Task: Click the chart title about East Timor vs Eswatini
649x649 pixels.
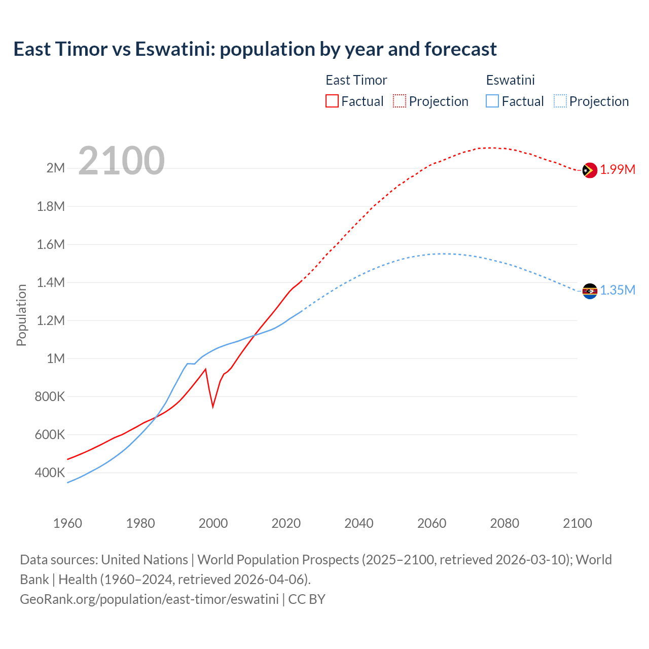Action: pos(255,49)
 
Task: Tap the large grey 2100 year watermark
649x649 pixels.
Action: pos(121,161)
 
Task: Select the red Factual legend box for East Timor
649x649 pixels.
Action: pos(332,101)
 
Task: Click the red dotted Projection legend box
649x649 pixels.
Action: pos(400,101)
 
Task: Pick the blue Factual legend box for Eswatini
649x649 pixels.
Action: pos(492,101)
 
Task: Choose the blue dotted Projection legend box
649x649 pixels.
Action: pos(560,101)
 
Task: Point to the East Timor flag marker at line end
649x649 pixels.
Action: pos(589,170)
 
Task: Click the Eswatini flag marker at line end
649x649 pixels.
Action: pos(589,291)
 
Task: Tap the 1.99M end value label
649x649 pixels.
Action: pos(618,170)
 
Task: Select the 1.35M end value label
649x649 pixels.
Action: pos(618,291)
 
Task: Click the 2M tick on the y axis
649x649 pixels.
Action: pos(56,168)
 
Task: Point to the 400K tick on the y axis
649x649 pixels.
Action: pos(50,473)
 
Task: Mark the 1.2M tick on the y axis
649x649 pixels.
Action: pos(51,320)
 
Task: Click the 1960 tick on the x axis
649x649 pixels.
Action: pos(67,523)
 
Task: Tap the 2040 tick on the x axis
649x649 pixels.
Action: pos(359,523)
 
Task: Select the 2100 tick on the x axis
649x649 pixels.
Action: pos(577,523)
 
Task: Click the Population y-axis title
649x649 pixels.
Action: pos(21,315)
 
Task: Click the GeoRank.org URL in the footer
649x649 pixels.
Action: pos(149,599)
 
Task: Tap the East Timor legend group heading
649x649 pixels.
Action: pos(356,80)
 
